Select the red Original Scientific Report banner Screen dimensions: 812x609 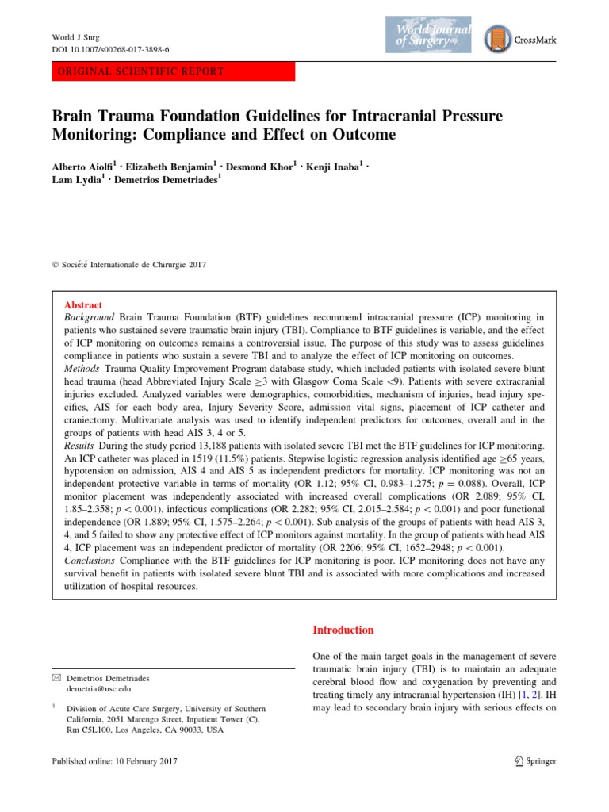(x=173, y=71)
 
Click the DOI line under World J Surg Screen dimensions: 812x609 (x=110, y=49)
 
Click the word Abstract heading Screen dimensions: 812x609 (x=82, y=305)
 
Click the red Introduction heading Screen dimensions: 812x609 (x=343, y=630)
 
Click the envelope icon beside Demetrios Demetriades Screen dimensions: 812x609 (x=56, y=679)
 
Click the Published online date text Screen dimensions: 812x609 (x=114, y=761)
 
